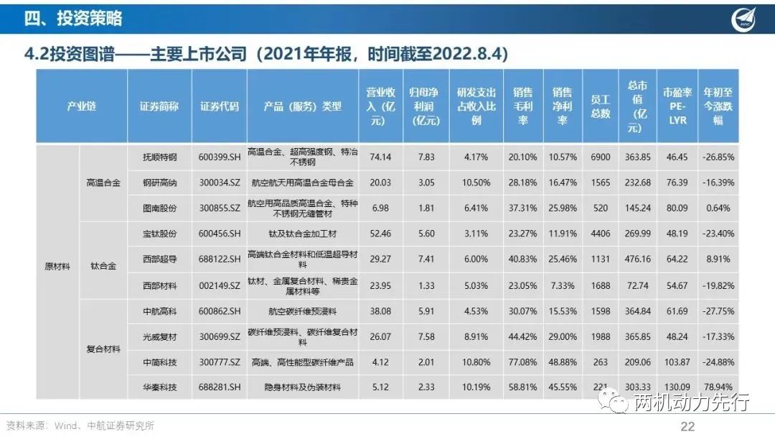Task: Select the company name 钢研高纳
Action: coord(160,183)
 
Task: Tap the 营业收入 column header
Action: coord(380,106)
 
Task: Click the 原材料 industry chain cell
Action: coord(58,266)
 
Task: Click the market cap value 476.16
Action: coord(637,259)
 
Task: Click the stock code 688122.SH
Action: coord(220,259)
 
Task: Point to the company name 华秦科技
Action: coord(160,387)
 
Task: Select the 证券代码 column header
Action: coord(220,106)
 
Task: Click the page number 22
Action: coord(687,426)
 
